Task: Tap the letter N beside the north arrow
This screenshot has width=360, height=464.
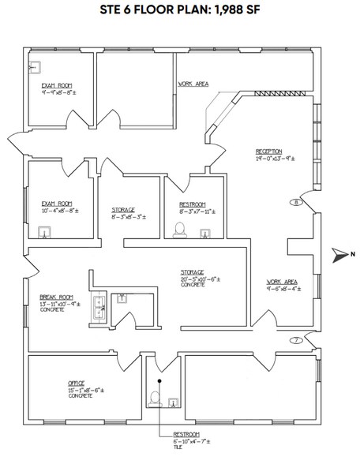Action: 353,254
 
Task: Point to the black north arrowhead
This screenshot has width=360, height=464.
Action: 339,254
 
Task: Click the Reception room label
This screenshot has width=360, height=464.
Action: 269,152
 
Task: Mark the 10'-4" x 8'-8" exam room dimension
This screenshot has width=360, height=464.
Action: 59,211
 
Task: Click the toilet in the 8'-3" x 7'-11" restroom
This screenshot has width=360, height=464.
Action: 179,230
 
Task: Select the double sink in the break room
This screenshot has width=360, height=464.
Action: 100,303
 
